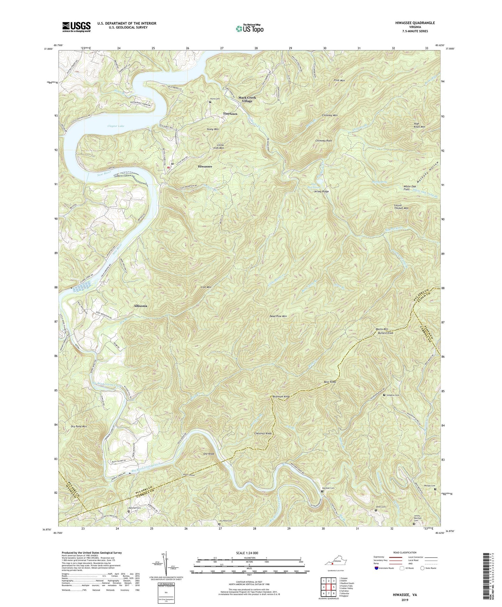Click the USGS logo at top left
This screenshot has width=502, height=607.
click(x=76, y=26)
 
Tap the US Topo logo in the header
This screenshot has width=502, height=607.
click(x=249, y=28)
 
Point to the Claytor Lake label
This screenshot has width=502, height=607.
click(x=116, y=126)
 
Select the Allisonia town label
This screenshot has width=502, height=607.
click(x=140, y=306)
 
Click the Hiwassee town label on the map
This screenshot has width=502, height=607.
click(x=205, y=167)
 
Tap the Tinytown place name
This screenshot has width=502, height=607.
click(x=230, y=114)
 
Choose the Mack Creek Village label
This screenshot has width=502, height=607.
click(x=247, y=99)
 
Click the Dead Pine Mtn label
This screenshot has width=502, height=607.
click(x=278, y=316)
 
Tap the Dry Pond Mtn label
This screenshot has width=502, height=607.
click(x=79, y=426)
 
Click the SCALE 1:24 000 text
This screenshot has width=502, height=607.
click(x=249, y=553)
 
